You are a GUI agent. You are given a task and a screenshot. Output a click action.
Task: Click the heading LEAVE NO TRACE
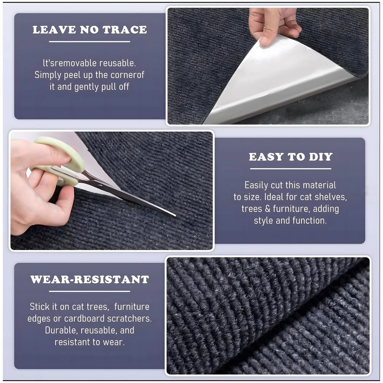90,30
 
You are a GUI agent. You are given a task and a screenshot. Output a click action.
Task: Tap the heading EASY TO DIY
291,157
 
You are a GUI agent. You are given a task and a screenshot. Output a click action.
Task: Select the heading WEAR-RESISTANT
90,280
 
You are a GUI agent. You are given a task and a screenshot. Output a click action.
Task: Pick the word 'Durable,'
61,330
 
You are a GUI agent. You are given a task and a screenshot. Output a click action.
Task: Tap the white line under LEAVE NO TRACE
89,42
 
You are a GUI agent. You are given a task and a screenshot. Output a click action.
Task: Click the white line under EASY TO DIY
291,169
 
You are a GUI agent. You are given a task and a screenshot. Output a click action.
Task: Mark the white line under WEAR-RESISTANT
89,291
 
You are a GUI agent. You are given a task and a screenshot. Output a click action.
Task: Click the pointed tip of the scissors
175,215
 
